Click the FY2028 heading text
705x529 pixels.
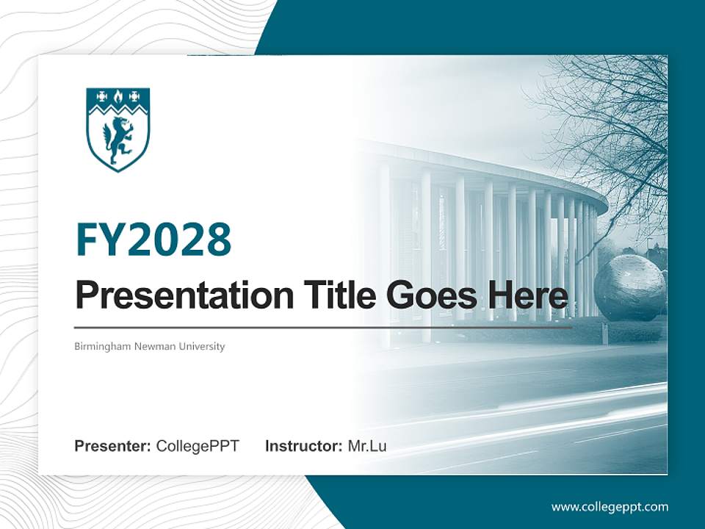[153, 240]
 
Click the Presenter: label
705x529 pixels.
[113, 446]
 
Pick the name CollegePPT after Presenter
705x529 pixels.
[198, 446]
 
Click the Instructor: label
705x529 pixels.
[303, 446]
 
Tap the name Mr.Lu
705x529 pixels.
[366, 446]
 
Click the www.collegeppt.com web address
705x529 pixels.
[610, 507]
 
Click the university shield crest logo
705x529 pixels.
[118, 129]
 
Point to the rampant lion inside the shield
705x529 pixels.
[118, 141]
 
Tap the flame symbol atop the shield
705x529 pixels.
[118, 96]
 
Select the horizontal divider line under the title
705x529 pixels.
[323, 328]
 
